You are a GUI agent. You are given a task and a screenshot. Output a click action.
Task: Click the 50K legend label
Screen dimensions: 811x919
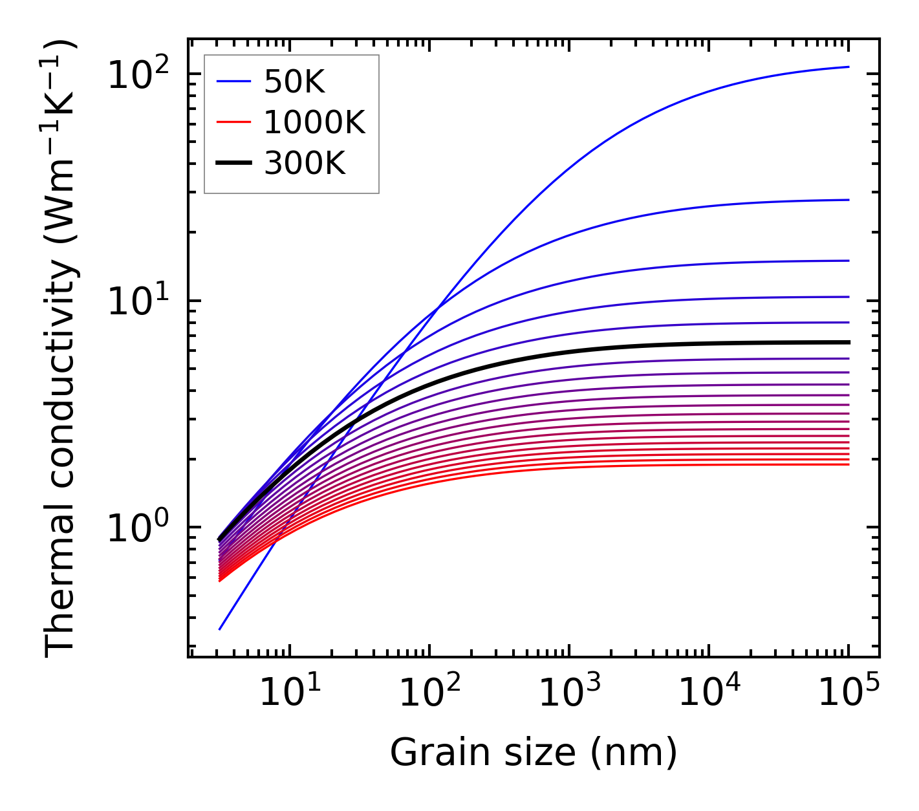point(294,81)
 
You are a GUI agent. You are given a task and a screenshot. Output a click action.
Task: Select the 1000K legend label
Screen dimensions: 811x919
point(314,123)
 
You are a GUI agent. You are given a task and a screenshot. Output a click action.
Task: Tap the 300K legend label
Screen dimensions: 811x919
point(305,164)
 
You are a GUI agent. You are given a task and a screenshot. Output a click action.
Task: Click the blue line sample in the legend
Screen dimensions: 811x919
point(233,81)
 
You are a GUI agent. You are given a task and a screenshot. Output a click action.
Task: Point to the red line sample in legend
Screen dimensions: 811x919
point(233,122)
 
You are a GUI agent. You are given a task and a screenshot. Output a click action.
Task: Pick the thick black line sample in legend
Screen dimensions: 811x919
point(233,164)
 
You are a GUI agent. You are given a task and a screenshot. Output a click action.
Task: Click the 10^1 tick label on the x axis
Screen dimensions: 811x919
point(289,693)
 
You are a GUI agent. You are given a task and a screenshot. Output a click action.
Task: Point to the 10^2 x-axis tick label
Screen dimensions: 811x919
point(429,693)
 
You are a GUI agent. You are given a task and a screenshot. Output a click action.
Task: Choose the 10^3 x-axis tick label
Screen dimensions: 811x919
point(569,693)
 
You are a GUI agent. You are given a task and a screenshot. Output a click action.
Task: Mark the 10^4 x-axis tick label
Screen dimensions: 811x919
point(709,693)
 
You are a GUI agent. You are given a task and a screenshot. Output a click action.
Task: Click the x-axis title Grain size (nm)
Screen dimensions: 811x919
point(534,752)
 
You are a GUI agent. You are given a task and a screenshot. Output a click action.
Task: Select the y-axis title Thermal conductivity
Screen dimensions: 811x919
point(61,348)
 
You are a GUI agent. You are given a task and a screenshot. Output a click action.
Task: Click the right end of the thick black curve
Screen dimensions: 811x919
point(848,342)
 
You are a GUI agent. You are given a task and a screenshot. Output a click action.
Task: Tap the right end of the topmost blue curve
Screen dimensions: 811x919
point(848,67)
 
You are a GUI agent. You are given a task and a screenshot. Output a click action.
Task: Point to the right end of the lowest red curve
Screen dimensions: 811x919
point(848,464)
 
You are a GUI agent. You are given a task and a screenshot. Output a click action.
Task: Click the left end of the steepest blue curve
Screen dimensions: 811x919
point(220,629)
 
